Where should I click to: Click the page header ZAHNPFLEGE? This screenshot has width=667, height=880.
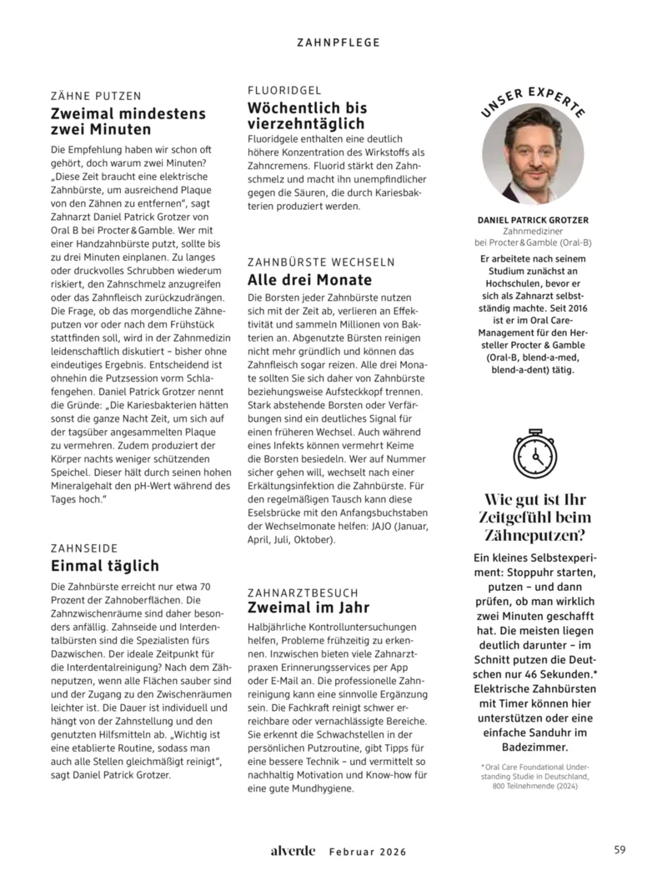pyautogui.click(x=339, y=41)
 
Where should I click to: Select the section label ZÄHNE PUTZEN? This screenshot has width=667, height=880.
pyautogui.click(x=96, y=96)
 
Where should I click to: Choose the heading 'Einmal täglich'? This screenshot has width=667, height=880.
pyautogui.click(x=103, y=566)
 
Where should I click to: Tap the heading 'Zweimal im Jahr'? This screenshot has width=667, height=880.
pyautogui.click(x=308, y=607)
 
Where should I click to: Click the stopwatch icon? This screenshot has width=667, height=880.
pyautogui.click(x=532, y=454)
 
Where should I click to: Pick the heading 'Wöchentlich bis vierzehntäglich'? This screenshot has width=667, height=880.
pyautogui.click(x=308, y=115)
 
